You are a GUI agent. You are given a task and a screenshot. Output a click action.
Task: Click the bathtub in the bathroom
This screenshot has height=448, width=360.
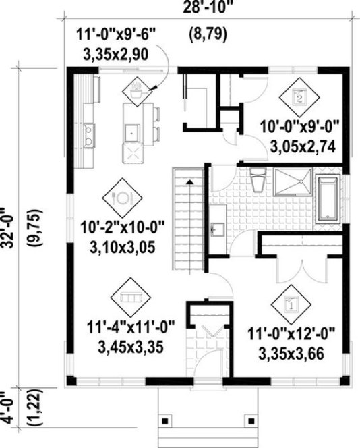pyautogui.click(x=330, y=198)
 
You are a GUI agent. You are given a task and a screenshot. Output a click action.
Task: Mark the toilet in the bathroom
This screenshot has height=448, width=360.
pyautogui.click(x=256, y=181)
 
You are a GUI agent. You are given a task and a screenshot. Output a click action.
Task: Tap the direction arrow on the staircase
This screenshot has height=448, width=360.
pyautogui.click(x=189, y=182)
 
